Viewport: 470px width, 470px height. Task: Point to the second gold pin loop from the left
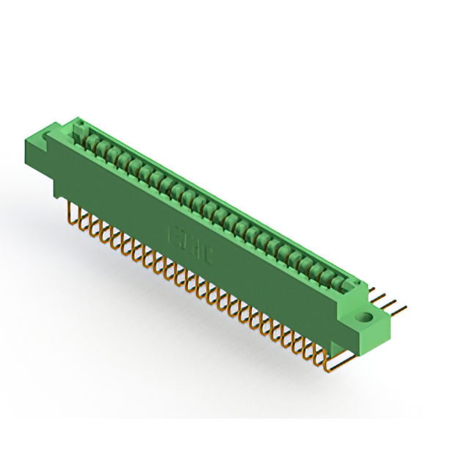[83, 220]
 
